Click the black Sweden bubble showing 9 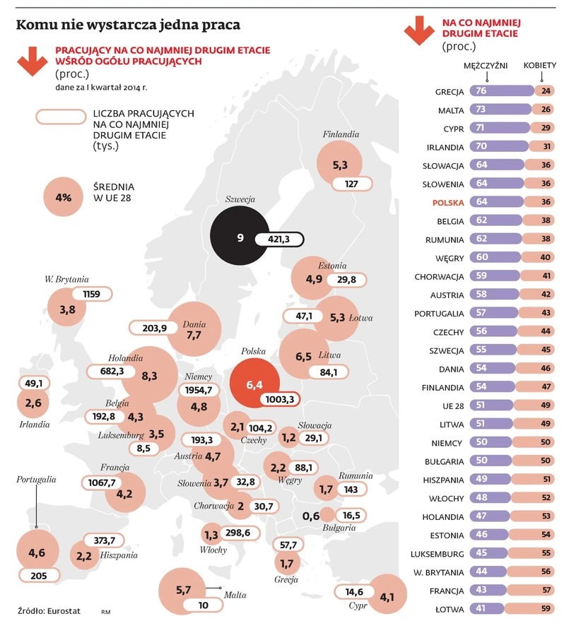(x=241, y=238)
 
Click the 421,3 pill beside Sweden (x=279, y=239)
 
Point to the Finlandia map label (x=341, y=134)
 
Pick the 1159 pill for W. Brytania (x=91, y=293)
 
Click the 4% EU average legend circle (x=64, y=197)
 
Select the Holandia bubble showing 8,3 (x=150, y=376)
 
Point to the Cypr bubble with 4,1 (x=387, y=597)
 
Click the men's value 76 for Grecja (x=482, y=91)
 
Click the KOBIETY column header (x=539, y=66)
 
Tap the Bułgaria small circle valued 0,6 (x=327, y=515)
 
